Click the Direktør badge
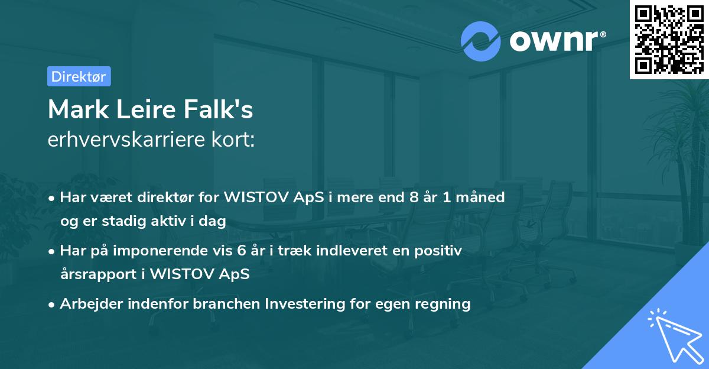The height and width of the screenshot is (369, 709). pos(79,76)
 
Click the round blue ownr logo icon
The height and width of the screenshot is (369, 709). pos(481,41)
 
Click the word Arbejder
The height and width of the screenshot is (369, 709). pos(86,304)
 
